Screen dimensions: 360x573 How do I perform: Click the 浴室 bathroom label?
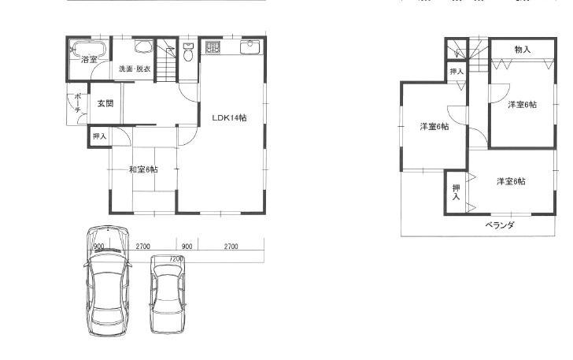[x=89, y=59]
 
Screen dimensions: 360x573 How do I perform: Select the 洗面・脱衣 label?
[x=135, y=69]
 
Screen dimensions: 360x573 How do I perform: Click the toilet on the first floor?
[x=187, y=54]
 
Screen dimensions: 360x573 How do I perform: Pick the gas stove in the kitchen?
[x=213, y=47]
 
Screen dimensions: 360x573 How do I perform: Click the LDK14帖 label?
[x=229, y=117]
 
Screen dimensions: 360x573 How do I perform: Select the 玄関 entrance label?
[x=105, y=103]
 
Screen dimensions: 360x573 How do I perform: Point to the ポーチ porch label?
[x=78, y=104]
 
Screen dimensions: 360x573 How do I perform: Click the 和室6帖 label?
[x=143, y=169]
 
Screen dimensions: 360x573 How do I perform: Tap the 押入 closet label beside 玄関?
[x=99, y=136]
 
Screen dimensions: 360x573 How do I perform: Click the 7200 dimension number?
[x=176, y=258]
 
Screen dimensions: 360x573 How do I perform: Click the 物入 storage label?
[x=523, y=50]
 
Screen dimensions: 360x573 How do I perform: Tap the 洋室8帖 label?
[x=512, y=181]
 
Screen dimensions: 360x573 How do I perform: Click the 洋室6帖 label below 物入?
[x=522, y=104]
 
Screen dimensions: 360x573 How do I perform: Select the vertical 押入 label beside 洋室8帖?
[x=456, y=191]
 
